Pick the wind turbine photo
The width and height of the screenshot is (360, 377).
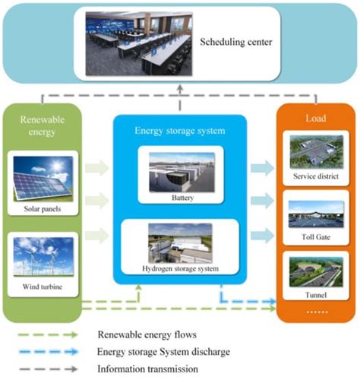pyautogui.click(x=43, y=259)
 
